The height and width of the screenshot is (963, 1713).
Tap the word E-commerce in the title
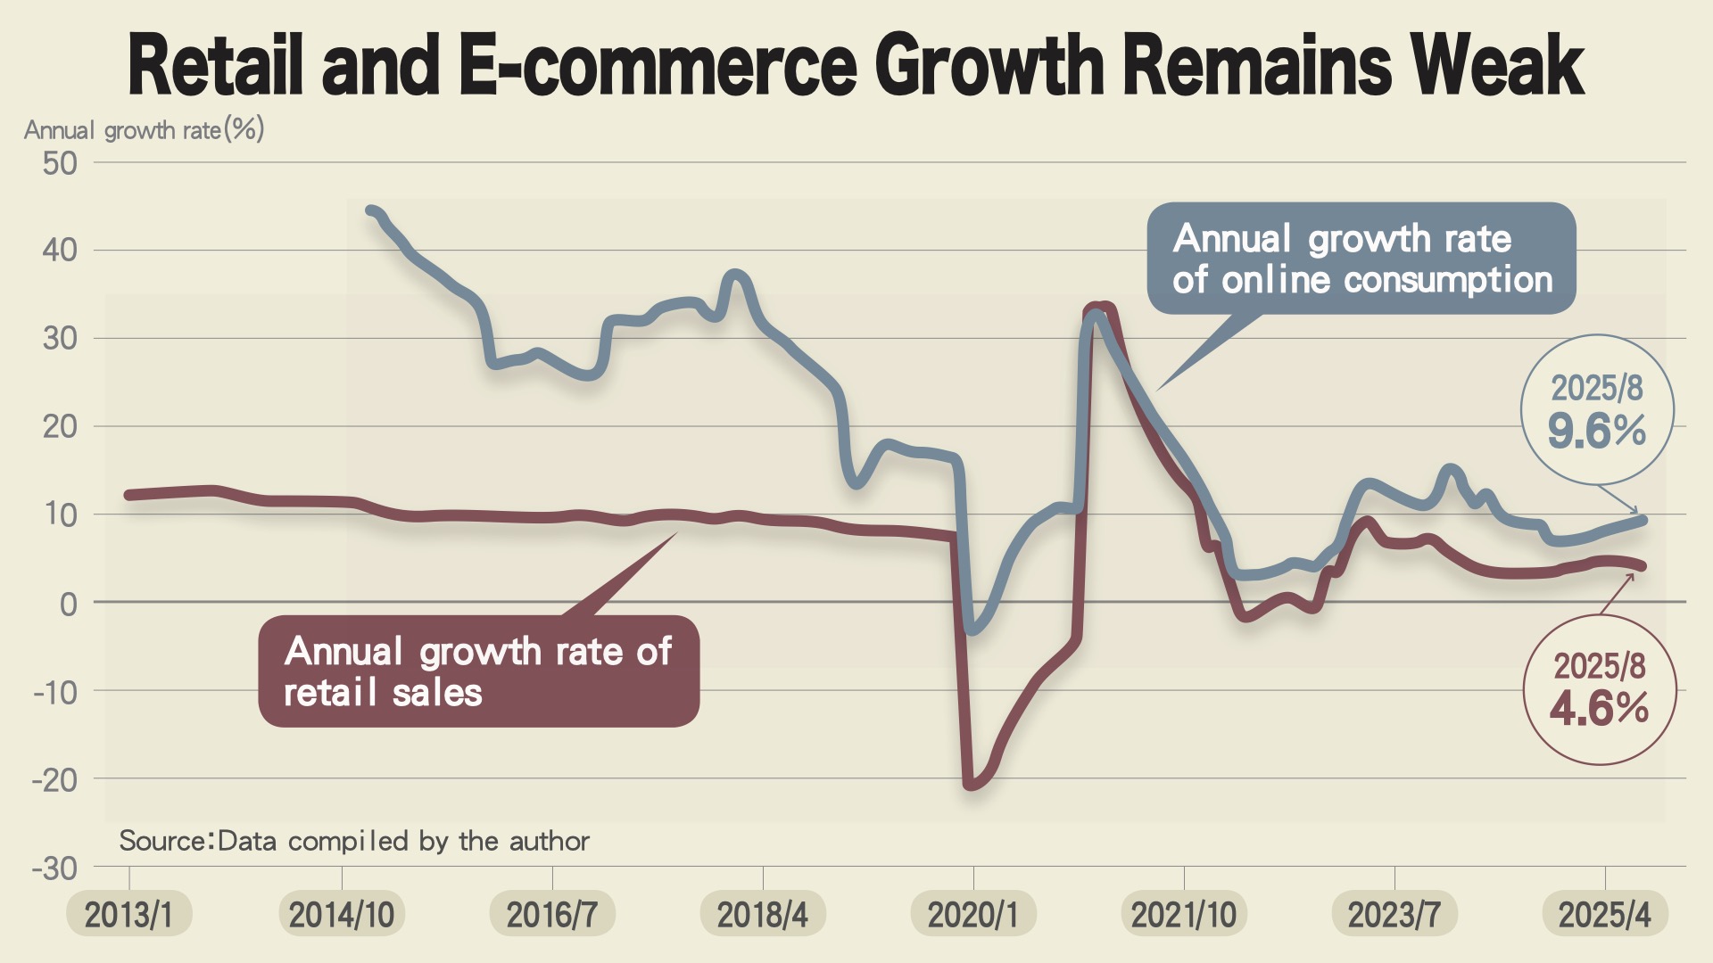(x=658, y=64)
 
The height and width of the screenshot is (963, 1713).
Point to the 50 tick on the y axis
(x=60, y=163)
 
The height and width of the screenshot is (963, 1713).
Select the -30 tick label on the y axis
(x=54, y=868)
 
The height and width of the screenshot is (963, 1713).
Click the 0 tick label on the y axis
(x=68, y=605)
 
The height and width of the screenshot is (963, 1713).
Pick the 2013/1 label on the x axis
(x=128, y=915)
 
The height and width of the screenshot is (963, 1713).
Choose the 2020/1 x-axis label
(x=972, y=915)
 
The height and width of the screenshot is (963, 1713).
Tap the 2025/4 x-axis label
(x=1604, y=915)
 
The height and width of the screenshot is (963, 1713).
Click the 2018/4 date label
(x=762, y=915)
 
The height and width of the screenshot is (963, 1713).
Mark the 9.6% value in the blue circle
(x=1597, y=432)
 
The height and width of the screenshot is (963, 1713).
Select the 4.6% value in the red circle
(x=1599, y=709)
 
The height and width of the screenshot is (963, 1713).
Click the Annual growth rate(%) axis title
(x=144, y=130)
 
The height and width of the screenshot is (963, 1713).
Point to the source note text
(x=354, y=841)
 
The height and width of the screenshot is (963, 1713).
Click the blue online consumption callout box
(x=1361, y=259)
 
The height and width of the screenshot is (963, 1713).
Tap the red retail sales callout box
(x=478, y=671)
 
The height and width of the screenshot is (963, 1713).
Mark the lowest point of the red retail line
(x=972, y=785)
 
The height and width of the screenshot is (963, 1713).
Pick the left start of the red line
(x=129, y=495)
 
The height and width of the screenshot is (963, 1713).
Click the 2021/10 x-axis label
(x=1183, y=915)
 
